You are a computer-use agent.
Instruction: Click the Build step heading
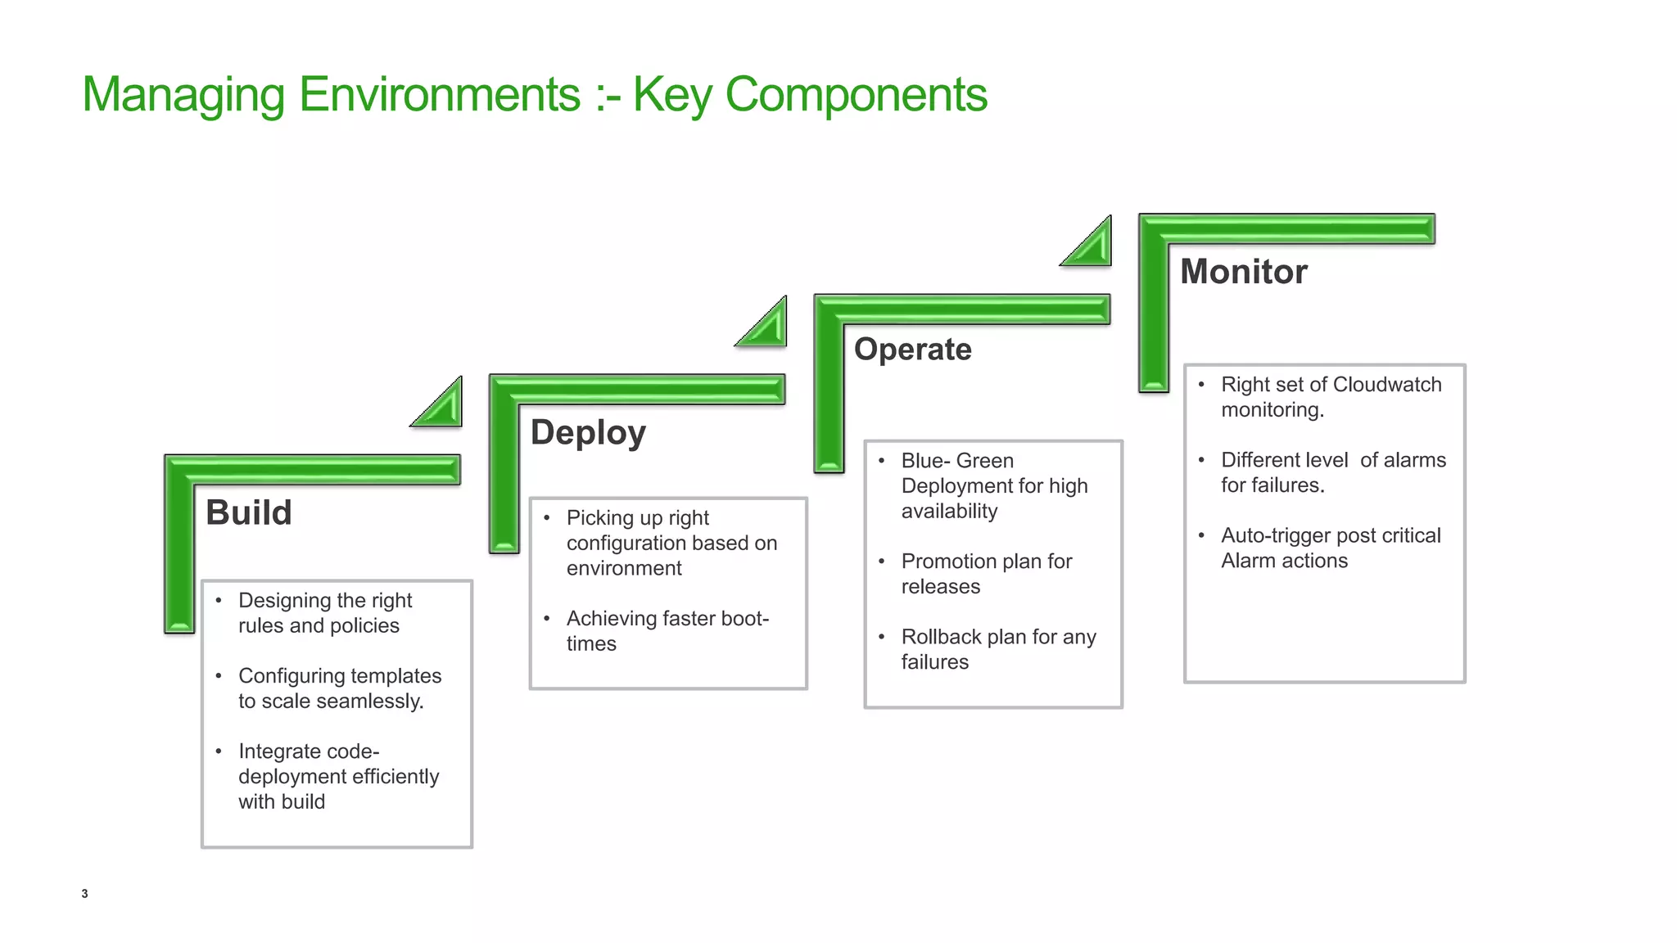tap(248, 512)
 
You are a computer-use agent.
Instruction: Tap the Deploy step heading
tap(588, 432)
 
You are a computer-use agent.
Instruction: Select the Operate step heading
tap(912, 350)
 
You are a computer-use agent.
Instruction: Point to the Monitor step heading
tap(1243, 272)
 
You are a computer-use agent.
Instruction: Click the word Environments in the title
tap(440, 94)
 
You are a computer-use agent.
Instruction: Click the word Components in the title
tap(856, 94)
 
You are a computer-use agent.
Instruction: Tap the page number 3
tap(84, 893)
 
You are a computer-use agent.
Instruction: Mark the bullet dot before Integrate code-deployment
tap(219, 751)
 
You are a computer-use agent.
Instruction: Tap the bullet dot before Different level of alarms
tap(1201, 460)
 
